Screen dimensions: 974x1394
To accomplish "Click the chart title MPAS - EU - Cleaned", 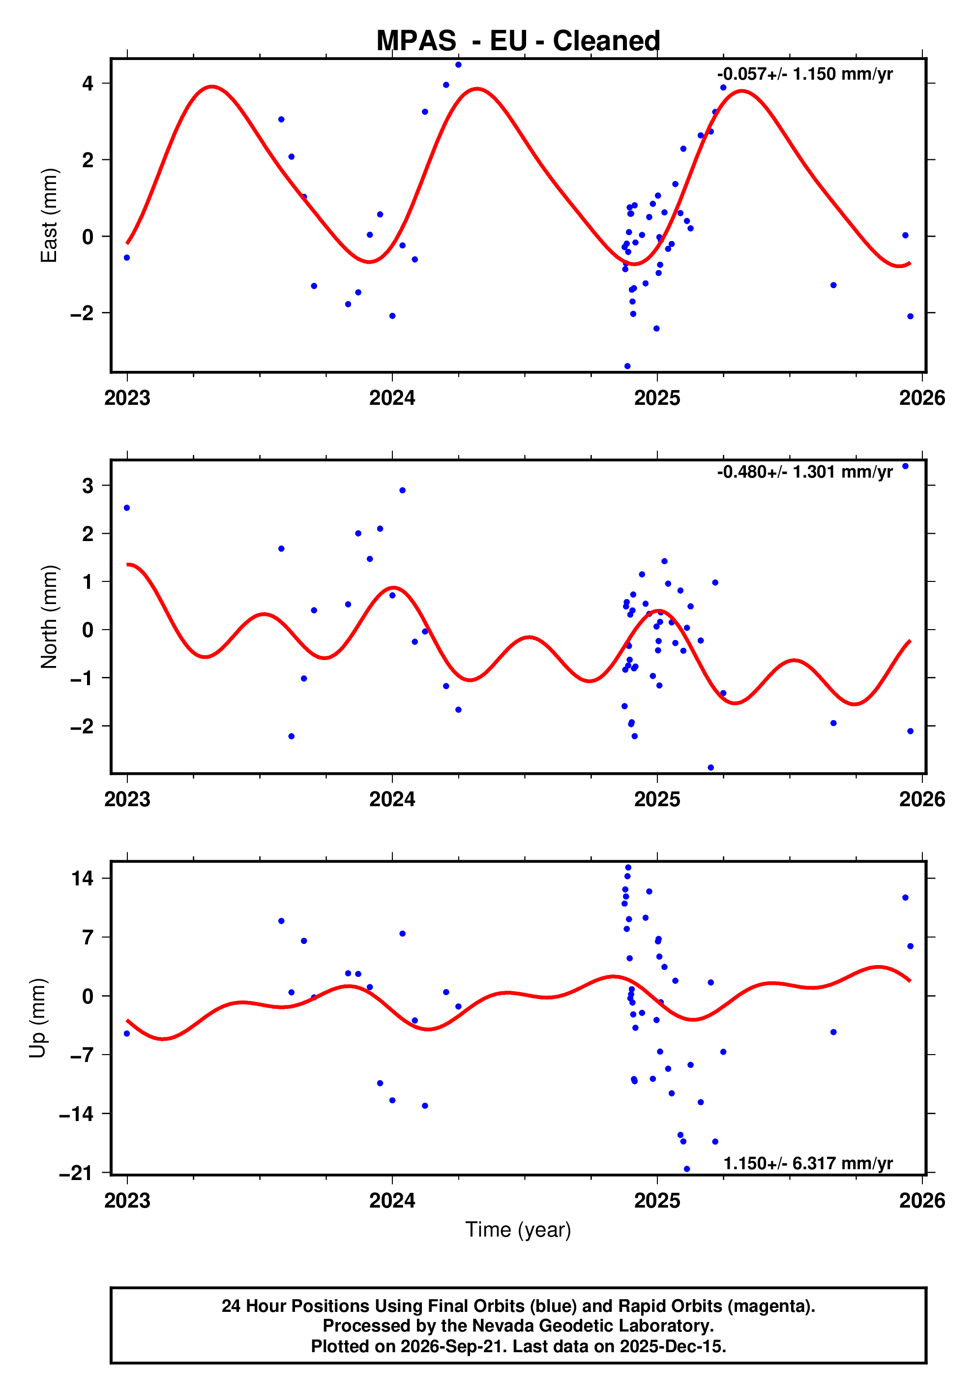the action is click(518, 41).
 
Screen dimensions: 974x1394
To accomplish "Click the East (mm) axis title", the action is click(49, 215).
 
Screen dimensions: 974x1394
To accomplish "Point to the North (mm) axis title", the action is click(49, 617).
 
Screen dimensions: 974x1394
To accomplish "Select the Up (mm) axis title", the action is click(38, 1018).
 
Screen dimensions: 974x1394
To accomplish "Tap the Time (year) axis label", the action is click(518, 1229).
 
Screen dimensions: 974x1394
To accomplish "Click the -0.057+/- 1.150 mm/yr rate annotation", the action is click(805, 74).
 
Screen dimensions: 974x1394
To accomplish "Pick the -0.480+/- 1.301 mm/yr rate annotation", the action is click(805, 472).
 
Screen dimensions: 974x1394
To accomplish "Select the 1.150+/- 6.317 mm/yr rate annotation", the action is click(808, 1163).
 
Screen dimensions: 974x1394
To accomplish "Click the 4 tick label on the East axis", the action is click(88, 83).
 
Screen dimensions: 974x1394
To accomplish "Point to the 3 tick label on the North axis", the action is click(88, 485).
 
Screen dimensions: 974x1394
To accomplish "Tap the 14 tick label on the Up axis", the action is click(83, 878).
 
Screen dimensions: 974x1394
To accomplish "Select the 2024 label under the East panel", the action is click(392, 398).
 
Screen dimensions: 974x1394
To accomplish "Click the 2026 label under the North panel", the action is click(922, 799).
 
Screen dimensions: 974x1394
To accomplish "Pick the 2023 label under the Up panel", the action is click(127, 1200).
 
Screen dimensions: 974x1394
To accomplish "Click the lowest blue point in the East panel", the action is click(627, 366).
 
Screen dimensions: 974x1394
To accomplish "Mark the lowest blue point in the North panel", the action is click(710, 767).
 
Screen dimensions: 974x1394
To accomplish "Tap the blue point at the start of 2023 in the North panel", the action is click(127, 508).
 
